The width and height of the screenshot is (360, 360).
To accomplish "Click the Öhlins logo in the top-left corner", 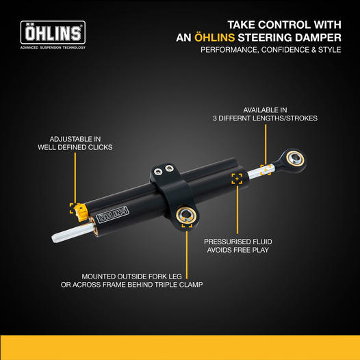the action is point(53,32).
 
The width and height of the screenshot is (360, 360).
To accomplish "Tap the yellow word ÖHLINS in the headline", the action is point(215,38).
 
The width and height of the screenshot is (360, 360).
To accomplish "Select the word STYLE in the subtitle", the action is point(329,50).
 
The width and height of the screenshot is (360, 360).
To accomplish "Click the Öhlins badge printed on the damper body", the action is point(112,215).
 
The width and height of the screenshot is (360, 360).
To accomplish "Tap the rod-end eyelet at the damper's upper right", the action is point(293,160).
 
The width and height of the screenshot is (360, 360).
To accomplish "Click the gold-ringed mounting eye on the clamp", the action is point(186,215).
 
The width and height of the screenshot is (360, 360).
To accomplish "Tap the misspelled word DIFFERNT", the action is point(234,118).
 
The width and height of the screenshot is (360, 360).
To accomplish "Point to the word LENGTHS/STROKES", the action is point(285,118).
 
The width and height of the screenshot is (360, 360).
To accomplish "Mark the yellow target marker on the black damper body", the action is point(237,179).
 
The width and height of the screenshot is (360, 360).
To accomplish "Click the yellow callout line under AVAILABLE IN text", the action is point(266,144).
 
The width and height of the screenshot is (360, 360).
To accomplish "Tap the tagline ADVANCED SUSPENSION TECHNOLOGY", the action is point(53,47).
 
